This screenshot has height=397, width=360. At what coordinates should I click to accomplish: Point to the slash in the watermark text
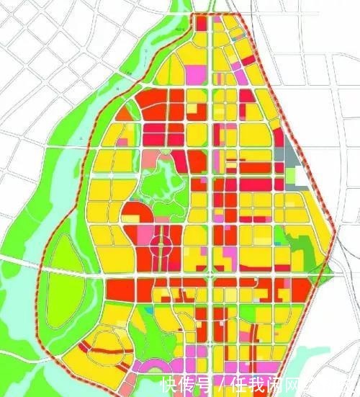[x=224, y=383]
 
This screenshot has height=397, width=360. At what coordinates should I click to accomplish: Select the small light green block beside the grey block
[x=291, y=175]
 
